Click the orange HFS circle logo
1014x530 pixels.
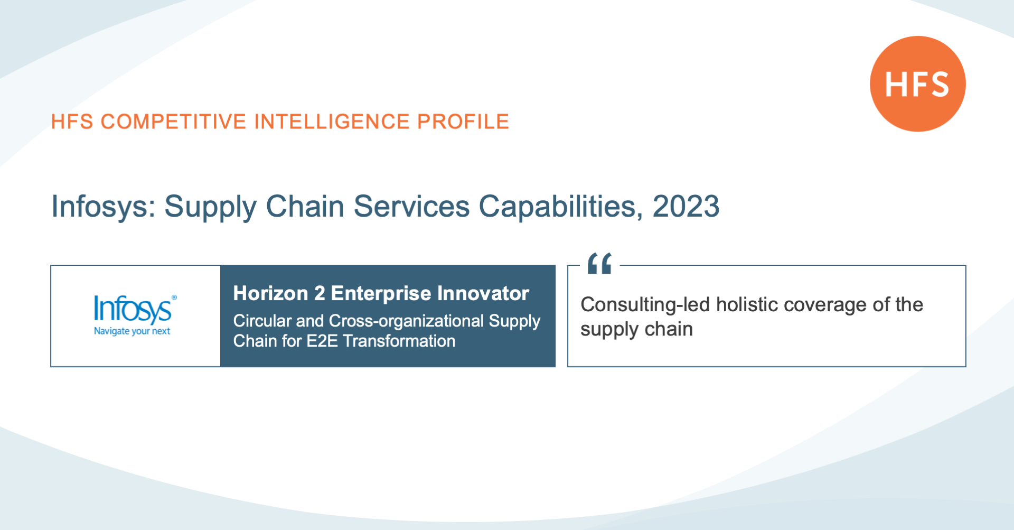click(x=918, y=83)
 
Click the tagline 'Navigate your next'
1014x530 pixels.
click(x=132, y=331)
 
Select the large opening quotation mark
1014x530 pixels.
click(x=599, y=263)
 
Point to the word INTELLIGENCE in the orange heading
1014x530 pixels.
click(x=332, y=122)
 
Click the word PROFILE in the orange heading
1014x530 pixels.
click(x=463, y=122)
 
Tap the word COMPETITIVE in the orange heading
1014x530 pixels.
click(x=174, y=122)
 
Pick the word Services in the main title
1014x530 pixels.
click(x=411, y=206)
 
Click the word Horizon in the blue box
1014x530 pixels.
click(x=270, y=293)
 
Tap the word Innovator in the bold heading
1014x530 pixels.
click(x=483, y=293)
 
